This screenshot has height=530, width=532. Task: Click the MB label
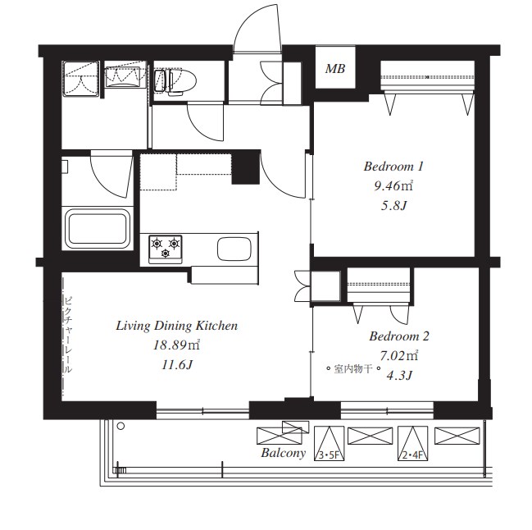point(335,69)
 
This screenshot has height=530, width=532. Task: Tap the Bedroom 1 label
point(393,167)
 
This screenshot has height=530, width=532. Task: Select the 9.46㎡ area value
point(393,185)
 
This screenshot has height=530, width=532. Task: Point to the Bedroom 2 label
point(399,336)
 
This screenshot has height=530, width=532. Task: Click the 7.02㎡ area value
point(398,356)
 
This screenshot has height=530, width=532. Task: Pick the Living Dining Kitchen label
point(177,326)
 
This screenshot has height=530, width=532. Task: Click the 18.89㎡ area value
point(176,345)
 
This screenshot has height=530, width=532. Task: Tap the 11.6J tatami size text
point(177,365)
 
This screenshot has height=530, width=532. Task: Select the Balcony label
point(284,453)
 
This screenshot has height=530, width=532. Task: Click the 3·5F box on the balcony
point(329,443)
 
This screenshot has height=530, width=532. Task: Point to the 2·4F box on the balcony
point(413,443)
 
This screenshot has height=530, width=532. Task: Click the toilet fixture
point(175,81)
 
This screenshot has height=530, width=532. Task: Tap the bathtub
point(98,229)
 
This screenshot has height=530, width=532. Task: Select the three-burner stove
point(166,249)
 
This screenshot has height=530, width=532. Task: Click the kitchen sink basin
point(234,249)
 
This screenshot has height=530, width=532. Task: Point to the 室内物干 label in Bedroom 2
point(353,368)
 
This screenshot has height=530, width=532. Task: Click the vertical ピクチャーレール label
point(68,335)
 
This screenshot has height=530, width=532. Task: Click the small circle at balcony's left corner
point(120,426)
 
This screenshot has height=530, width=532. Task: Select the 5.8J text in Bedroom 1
point(393,205)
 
